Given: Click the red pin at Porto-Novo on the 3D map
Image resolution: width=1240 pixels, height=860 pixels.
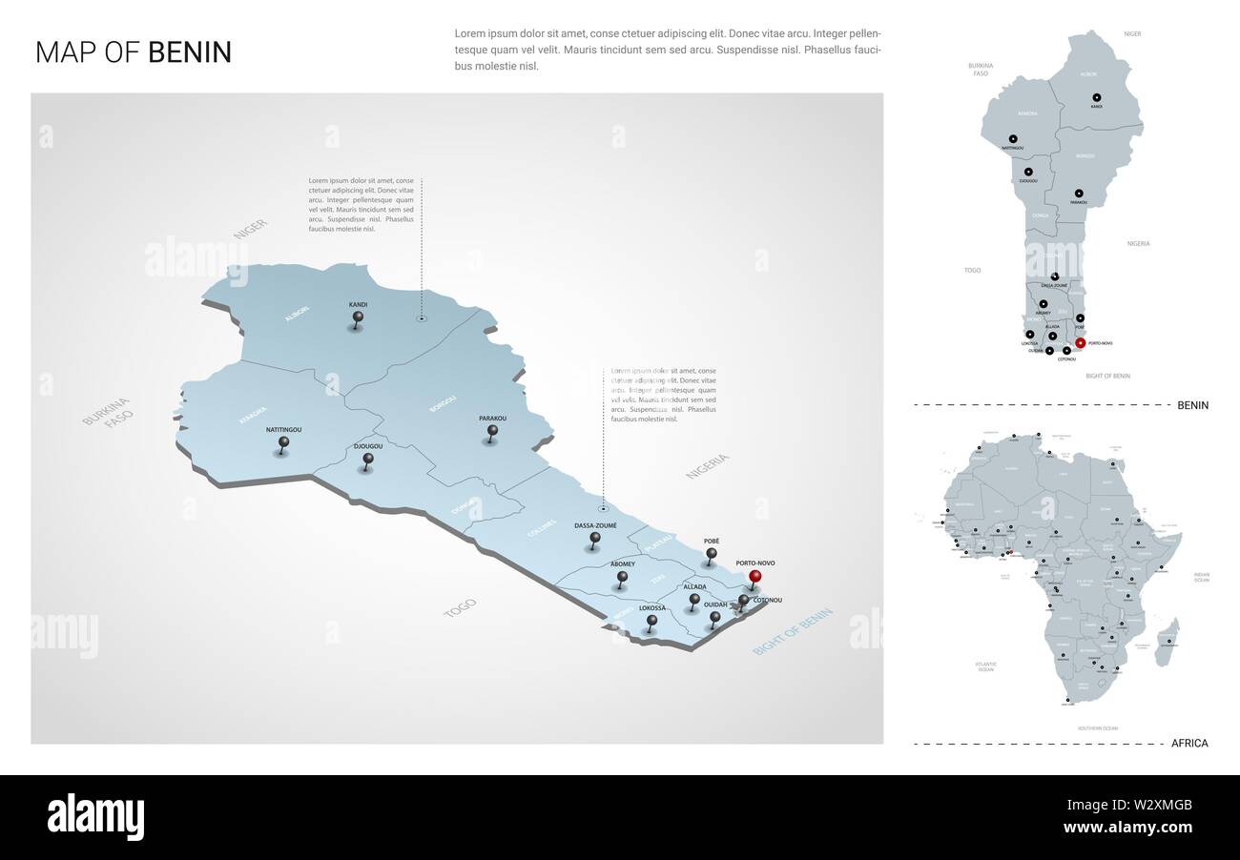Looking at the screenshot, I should point(755,576).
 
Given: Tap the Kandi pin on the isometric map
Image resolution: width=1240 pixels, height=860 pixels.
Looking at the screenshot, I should point(358,317).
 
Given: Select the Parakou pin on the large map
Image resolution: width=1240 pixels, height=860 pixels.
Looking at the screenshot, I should point(492,431).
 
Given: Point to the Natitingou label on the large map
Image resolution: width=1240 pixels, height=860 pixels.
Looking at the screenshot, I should point(283,430).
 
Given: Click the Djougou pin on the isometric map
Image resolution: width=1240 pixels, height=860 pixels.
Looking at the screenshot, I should point(368,460).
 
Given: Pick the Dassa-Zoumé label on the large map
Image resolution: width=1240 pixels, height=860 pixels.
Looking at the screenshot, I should point(595,525).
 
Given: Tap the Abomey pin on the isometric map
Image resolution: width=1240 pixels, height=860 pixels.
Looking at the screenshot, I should point(622,577).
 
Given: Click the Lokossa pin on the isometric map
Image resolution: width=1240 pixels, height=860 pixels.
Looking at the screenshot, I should point(651,621).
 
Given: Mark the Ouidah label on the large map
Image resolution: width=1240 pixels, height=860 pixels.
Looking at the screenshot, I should point(715,604).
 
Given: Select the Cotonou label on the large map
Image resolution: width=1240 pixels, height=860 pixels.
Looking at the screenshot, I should point(768,600).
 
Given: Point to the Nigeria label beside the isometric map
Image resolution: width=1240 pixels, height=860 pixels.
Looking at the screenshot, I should point(707,465).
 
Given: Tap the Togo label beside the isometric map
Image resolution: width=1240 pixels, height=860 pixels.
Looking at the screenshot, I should point(460,607).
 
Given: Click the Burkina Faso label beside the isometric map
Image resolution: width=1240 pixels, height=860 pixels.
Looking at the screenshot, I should point(105,412).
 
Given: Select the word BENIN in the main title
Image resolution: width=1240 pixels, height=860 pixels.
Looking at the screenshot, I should point(190,52).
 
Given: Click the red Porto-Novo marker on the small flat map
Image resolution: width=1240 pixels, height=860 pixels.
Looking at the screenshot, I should point(1080,342).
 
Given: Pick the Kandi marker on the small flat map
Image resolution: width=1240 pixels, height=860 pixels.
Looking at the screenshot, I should point(1096,97).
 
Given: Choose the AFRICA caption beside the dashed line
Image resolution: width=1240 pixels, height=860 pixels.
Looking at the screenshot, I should point(1188,743).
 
